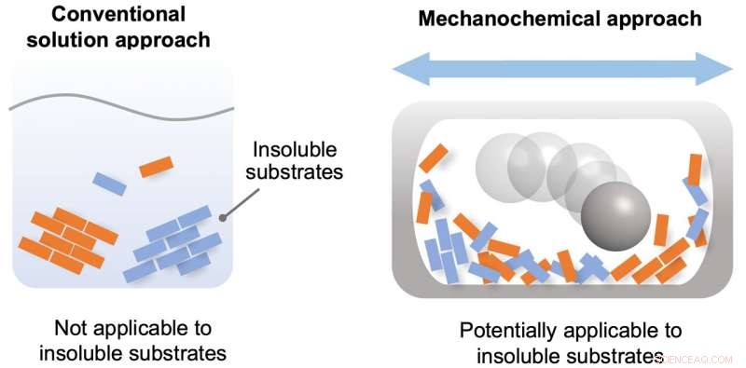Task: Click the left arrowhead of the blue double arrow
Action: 408,69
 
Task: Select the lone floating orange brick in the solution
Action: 157,167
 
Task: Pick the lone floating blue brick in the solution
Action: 109,184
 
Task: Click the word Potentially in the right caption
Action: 509,331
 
